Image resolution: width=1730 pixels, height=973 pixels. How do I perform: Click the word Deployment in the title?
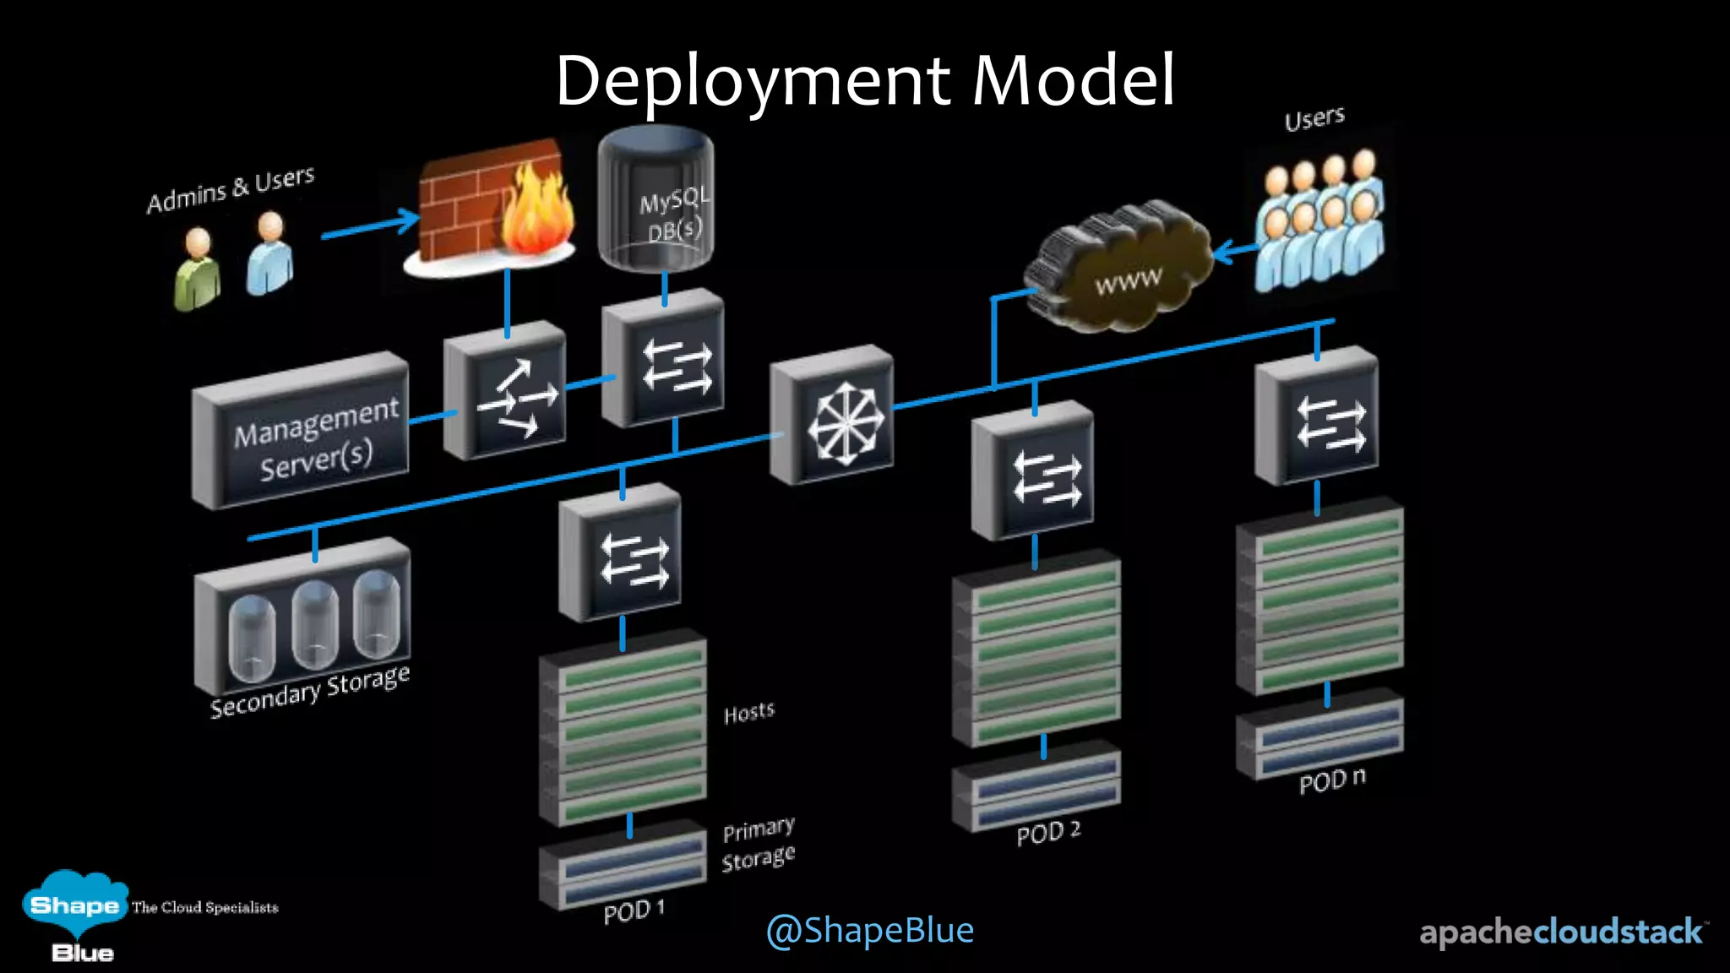click(752, 81)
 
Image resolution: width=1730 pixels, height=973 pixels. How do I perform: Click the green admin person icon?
click(198, 270)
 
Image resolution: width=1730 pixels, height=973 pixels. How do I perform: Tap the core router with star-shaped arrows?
click(833, 416)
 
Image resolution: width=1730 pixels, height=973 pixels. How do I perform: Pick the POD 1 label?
click(634, 911)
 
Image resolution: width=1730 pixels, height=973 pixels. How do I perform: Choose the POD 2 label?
click(1047, 833)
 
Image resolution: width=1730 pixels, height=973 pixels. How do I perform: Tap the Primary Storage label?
click(759, 844)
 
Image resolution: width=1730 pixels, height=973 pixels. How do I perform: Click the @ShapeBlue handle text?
click(869, 930)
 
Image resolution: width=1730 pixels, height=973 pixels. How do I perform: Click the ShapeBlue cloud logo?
click(74, 908)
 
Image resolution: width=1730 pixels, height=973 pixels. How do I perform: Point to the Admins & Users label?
click(231, 190)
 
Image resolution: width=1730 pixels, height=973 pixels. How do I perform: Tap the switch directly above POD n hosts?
click(1316, 419)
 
